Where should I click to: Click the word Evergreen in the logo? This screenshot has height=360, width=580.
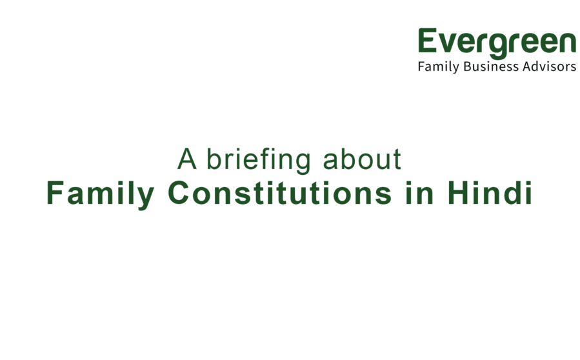coord(496,42)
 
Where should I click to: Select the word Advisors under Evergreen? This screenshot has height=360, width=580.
coord(549,67)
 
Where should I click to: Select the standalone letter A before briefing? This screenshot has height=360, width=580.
coord(186,159)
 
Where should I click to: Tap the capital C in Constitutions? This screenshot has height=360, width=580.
coord(180,194)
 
